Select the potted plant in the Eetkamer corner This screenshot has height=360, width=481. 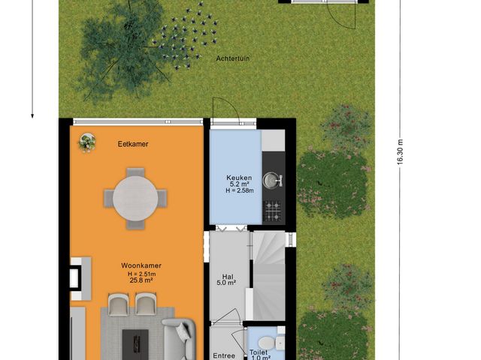[88, 140]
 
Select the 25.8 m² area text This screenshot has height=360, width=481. [141, 280]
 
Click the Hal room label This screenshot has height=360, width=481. [226, 275]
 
